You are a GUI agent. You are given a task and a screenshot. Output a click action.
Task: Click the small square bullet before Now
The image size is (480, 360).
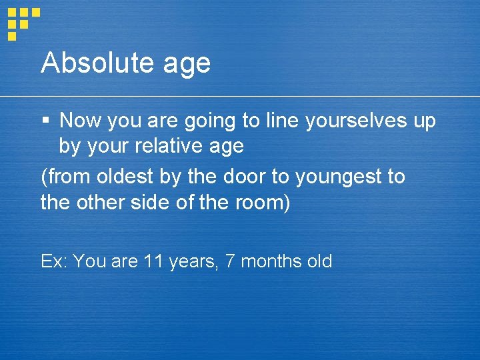click(x=45, y=121)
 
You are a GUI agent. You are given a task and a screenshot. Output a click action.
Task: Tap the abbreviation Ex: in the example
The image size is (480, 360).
click(x=55, y=261)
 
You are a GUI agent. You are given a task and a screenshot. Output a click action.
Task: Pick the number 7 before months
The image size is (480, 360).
click(x=230, y=261)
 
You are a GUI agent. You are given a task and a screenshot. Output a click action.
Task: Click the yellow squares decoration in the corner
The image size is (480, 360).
click(x=22, y=22)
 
